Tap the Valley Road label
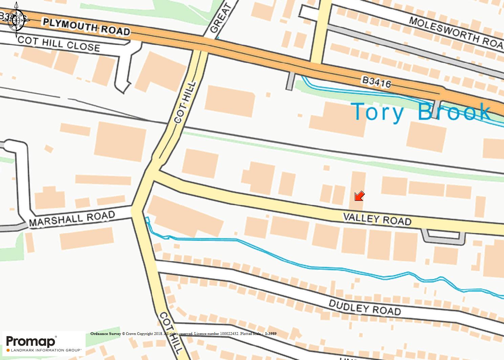point(377,219)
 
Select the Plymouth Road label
point(87,27)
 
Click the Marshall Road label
point(72,218)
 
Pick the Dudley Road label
point(365,307)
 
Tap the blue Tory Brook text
point(421,111)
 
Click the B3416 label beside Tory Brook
point(376,82)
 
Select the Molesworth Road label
point(455,32)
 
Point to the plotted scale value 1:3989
point(270,334)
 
